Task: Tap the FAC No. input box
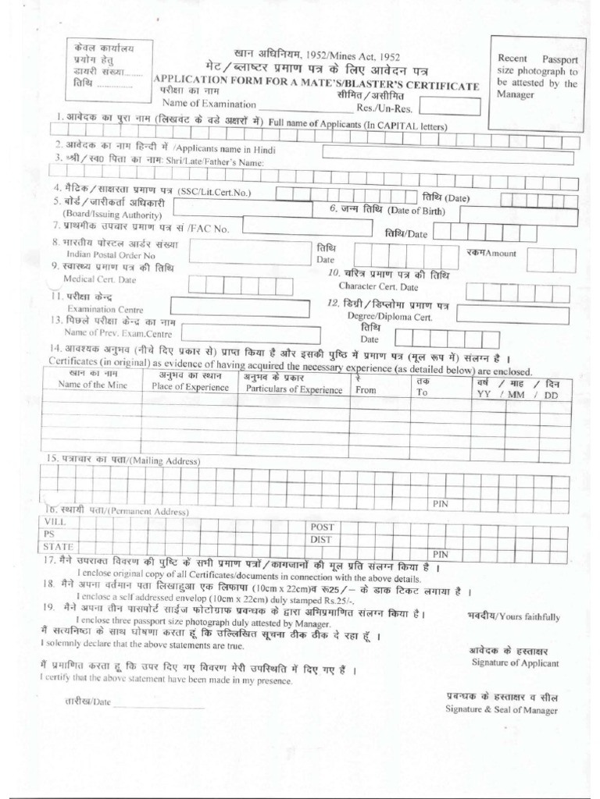pyautogui.click(x=304, y=226)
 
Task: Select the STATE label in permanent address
pyautogui.click(x=59, y=545)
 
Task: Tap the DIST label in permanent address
pyautogui.click(x=323, y=539)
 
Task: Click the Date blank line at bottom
pyautogui.click(x=160, y=705)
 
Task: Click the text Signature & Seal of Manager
pyautogui.click(x=502, y=709)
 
